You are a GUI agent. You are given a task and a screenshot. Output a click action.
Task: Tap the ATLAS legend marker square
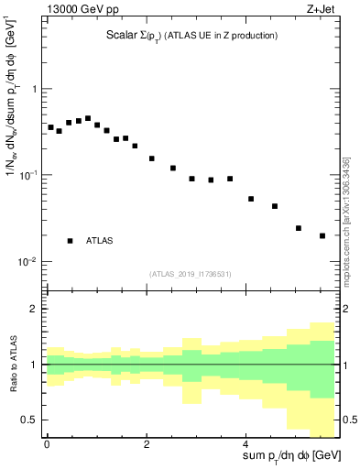pos(71,241)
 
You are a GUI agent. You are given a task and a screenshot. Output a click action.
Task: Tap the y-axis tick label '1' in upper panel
pos(34,89)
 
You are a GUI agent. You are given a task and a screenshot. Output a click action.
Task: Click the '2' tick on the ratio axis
pos(34,309)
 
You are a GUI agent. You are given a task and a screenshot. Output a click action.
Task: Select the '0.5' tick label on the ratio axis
pos(29,420)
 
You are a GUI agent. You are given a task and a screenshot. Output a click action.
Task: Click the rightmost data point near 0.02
pos(322,235)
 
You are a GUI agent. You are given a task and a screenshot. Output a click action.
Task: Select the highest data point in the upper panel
pos(88,118)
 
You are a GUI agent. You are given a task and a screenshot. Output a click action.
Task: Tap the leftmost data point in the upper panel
pos(50,127)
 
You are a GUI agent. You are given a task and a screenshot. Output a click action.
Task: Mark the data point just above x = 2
pos(152,158)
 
